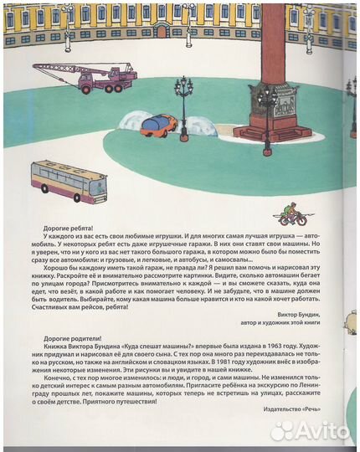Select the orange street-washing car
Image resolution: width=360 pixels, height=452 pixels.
click(x=159, y=125)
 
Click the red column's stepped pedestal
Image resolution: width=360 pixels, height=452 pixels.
click(x=271, y=127)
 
